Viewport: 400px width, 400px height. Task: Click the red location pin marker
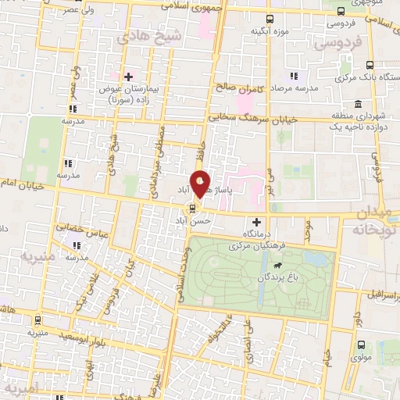201,184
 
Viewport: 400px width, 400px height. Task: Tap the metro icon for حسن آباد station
190,209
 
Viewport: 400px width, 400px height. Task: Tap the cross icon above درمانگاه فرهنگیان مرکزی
256,223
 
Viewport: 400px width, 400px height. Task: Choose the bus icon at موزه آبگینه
270,19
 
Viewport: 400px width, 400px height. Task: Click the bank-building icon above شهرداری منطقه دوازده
357,105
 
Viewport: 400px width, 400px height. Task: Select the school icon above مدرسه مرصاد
294,76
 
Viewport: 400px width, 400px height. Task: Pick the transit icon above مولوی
361,344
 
